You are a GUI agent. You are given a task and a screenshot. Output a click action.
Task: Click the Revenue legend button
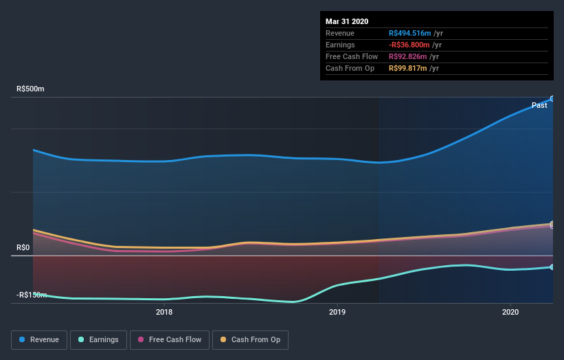[40, 339]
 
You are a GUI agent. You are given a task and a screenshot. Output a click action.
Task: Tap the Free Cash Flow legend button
[170, 339]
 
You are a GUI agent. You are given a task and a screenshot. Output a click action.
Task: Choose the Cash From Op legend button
[251, 339]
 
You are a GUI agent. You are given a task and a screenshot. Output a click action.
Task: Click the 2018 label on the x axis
[164, 312]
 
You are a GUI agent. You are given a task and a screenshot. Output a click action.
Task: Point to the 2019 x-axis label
[337, 312]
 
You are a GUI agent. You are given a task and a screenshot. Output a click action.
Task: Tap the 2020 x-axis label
[510, 312]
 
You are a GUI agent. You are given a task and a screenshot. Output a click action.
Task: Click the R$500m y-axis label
[30, 89]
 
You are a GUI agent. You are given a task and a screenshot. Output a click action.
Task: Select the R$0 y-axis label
[24, 247]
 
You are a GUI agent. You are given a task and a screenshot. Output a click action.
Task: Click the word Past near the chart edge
[539, 105]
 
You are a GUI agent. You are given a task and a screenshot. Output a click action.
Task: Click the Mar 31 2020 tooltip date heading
[347, 21]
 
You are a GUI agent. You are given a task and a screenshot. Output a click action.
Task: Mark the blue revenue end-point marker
[552, 99]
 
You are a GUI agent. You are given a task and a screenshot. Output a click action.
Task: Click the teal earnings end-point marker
[552, 267]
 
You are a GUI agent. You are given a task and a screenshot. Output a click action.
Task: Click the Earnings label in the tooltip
[340, 45]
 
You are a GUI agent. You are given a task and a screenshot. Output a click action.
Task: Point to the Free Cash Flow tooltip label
[350, 56]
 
